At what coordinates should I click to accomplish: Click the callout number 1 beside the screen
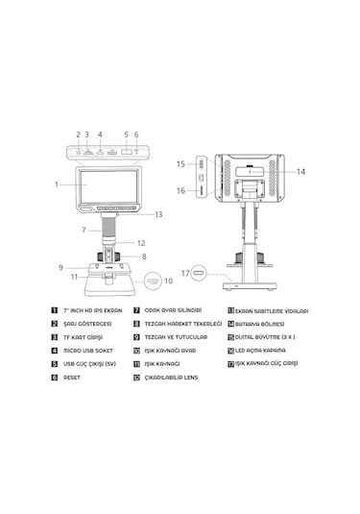[x=57, y=183]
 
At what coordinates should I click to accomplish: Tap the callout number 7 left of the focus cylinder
[x=84, y=230]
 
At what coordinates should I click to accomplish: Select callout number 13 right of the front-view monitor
[x=158, y=214]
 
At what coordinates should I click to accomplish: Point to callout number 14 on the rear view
[x=300, y=172]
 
